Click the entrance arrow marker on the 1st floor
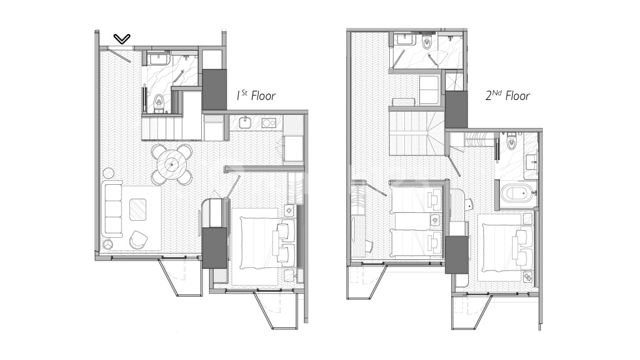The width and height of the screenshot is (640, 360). [122, 39]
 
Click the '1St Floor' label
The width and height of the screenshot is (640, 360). [256, 96]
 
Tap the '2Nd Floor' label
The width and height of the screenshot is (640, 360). [508, 96]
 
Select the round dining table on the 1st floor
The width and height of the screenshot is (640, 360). [172, 165]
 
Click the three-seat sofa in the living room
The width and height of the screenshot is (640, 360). [112, 209]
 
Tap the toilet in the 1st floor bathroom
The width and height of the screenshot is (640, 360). [159, 101]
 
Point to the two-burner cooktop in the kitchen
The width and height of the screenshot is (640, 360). [269, 123]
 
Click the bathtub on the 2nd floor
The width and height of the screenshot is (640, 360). [518, 193]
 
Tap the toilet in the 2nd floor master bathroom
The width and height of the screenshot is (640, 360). [512, 140]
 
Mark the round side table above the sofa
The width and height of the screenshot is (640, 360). [108, 173]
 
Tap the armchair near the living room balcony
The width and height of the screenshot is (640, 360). [139, 240]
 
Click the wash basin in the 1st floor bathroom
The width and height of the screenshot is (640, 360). [159, 59]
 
